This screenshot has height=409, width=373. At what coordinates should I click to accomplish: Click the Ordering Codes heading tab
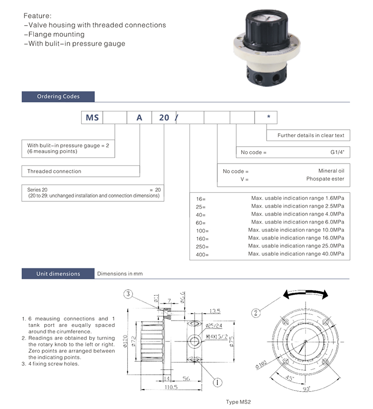tap(58, 97)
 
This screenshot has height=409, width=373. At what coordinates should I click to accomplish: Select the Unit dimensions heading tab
tap(58, 274)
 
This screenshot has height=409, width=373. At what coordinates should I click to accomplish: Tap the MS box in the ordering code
tap(93, 118)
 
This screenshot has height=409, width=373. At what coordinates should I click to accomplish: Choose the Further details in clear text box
tap(308, 135)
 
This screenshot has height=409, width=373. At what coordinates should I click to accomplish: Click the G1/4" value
tap(337, 153)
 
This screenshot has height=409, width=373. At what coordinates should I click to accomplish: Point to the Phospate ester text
tap(325, 179)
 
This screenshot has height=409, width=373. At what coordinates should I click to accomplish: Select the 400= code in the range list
tap(203, 254)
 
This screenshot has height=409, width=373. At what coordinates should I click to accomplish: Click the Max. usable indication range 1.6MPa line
tap(297, 198)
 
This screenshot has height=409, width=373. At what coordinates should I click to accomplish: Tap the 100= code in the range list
tap(203, 231)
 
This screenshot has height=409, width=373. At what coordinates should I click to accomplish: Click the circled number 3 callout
tap(128, 294)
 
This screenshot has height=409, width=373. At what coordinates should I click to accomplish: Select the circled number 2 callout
tap(256, 313)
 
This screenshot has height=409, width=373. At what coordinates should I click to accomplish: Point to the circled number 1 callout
tap(217, 382)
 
